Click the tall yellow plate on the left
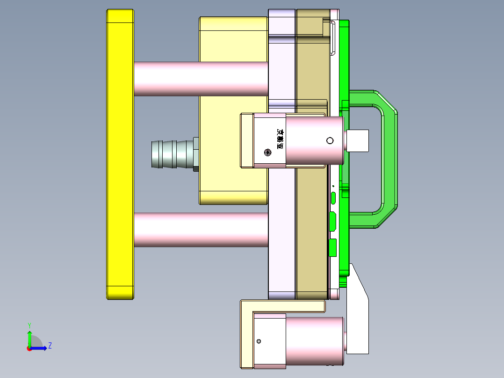point(120,154)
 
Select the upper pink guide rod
point(201,79)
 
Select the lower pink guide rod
point(201,230)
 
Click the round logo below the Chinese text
point(268,152)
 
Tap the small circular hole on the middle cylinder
point(330,141)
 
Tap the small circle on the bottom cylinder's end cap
point(259,342)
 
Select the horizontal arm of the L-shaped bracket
point(285,305)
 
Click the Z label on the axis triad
point(50,346)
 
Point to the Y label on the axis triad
point(29,325)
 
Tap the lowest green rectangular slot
point(333,247)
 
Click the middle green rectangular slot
point(333,221)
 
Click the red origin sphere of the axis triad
point(29,349)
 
